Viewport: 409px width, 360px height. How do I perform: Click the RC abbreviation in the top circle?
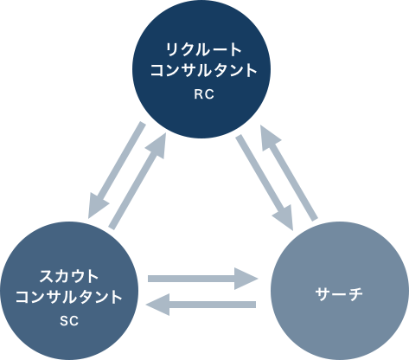204,94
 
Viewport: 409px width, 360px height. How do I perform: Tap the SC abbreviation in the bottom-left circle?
69,321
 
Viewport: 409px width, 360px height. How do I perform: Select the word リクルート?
203,49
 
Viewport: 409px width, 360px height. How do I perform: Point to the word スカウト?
69,276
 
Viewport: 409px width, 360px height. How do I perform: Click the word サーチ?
339,294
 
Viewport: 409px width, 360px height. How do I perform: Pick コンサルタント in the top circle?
203,70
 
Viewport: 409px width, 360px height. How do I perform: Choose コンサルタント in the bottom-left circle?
69,297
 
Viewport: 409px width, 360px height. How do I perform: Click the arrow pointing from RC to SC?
116,170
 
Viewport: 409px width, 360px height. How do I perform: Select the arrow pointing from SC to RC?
137,181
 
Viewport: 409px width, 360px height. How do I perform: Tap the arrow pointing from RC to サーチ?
265,183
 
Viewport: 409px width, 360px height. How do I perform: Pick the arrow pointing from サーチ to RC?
289,173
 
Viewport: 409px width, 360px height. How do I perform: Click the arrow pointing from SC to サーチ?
202,279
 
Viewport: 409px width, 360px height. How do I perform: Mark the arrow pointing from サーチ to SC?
201,305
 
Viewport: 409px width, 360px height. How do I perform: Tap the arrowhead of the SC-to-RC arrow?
157,145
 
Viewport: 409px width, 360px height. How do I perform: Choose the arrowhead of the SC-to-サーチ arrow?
246,279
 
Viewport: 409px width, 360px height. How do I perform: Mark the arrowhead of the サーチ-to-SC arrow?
157,305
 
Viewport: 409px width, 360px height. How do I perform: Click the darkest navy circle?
201,69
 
